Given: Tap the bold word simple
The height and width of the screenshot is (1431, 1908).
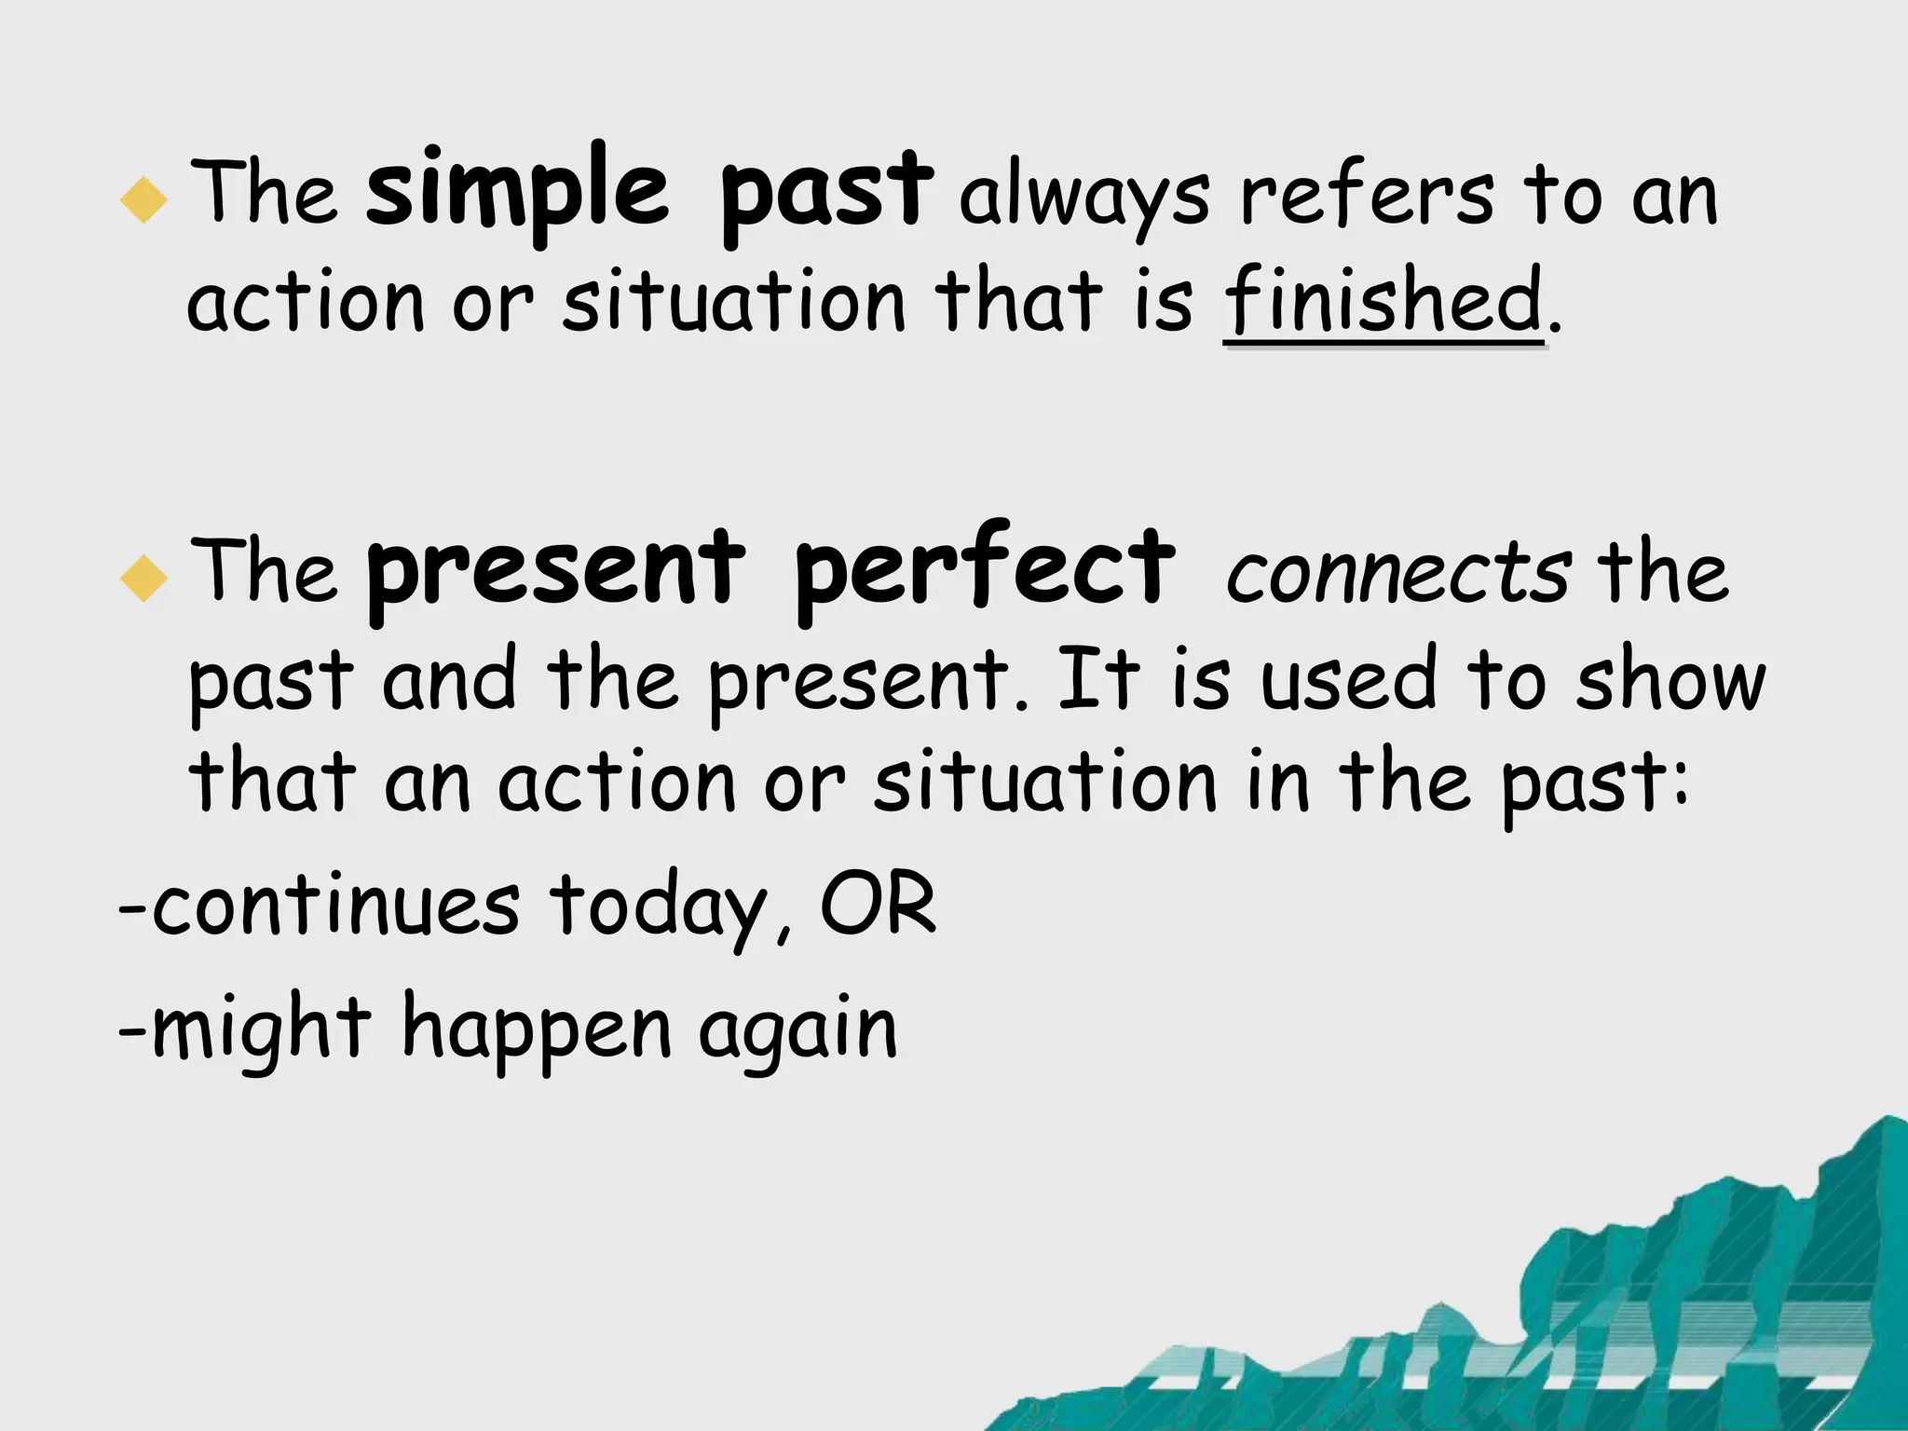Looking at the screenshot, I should pos(517,192).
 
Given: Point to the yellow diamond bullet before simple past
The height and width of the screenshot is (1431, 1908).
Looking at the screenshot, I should pos(144,199).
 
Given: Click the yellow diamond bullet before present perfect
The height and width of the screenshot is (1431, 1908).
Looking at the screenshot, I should pos(144,578).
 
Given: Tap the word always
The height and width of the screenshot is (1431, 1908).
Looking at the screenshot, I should pos(1084,198).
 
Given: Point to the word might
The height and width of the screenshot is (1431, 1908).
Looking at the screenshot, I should pos(262,1029).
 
